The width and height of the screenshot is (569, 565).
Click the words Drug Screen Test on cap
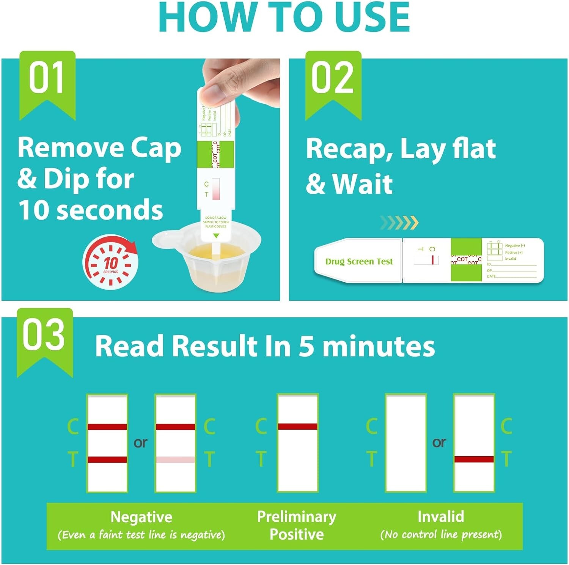[x=359, y=262]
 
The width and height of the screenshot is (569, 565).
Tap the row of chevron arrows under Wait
[x=399, y=223]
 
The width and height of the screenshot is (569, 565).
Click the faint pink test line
[x=175, y=460]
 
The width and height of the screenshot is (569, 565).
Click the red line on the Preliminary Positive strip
[x=297, y=426]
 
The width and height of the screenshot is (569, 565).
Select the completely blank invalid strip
[x=406, y=443]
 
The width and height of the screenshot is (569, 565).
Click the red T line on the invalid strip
[x=474, y=459]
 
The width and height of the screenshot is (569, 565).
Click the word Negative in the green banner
[x=141, y=517]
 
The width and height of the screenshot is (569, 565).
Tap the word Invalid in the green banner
[x=440, y=516]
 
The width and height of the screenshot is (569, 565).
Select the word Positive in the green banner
[x=296, y=534]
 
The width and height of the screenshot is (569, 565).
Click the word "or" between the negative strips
[x=140, y=443]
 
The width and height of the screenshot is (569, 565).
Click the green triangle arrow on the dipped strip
[x=216, y=236]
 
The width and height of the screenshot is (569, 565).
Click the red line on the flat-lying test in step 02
[x=432, y=260]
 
